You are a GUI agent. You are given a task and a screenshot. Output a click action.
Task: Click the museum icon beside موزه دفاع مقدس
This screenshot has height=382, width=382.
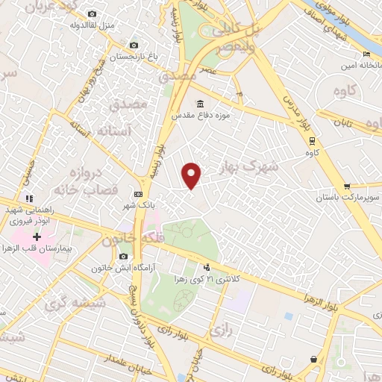click(200, 104)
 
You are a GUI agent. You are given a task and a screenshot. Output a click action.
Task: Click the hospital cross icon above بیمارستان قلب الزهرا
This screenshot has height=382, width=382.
click(37, 237)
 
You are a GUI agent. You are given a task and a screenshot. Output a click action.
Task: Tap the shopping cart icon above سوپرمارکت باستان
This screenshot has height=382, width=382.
click(347, 186)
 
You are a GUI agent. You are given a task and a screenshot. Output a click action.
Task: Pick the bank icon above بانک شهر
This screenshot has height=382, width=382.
click(137, 192)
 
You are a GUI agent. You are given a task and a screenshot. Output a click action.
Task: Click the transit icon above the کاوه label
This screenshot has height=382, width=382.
click(312, 140)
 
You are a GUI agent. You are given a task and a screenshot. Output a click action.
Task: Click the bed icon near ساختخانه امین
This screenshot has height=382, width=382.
click(366, 54)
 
